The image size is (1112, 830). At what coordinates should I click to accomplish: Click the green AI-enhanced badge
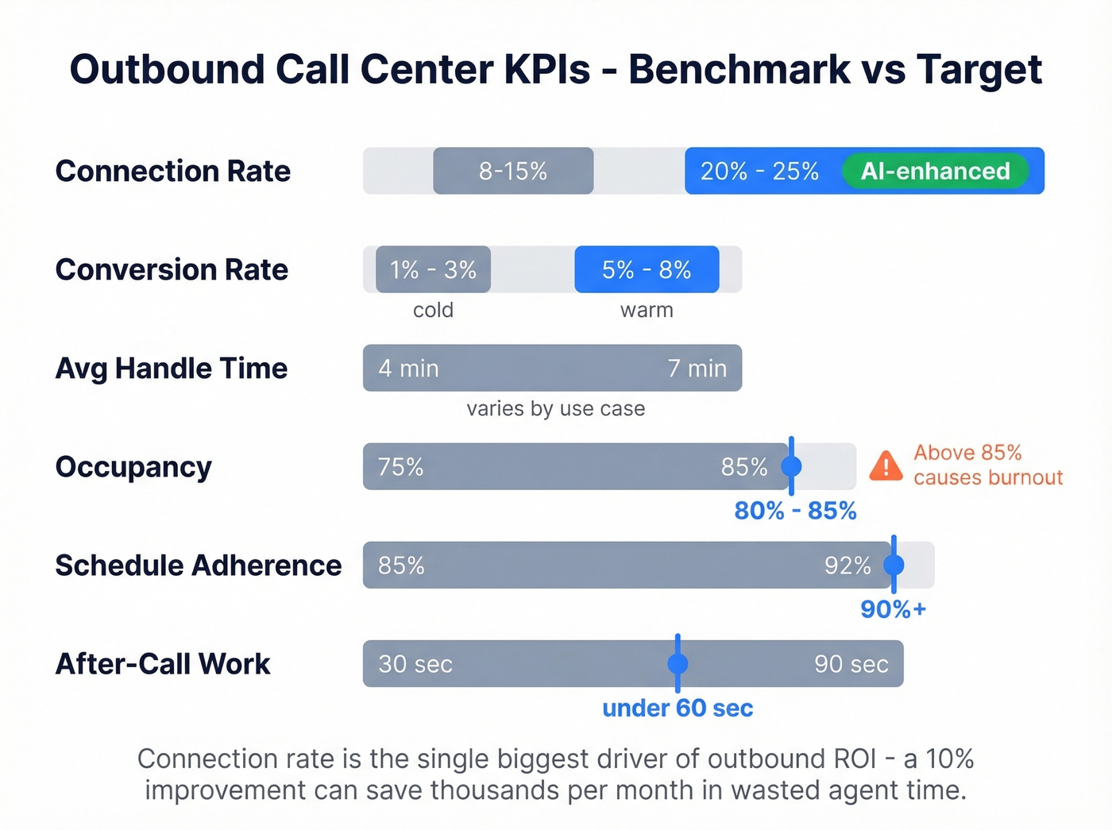coord(935,171)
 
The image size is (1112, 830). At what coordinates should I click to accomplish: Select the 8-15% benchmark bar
coord(513,171)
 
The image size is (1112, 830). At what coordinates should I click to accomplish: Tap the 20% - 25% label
coord(759,171)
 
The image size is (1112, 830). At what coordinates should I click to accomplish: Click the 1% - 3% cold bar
coord(433,269)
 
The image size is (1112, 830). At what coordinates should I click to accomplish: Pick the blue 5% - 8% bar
coord(647,269)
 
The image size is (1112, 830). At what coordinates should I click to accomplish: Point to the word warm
coord(647,310)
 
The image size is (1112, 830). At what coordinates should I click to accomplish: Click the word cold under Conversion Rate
coord(433,310)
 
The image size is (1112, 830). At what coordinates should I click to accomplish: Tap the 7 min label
coord(697,369)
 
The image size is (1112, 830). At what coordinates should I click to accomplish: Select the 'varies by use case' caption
coord(555,408)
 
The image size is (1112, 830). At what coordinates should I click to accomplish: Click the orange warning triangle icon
coord(886,466)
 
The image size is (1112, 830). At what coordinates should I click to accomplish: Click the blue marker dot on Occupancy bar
coord(791,466)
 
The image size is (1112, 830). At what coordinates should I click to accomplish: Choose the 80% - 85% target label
coord(795,511)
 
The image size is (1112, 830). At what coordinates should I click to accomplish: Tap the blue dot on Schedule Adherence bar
coord(894,565)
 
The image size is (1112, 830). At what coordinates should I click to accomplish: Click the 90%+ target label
coord(894,609)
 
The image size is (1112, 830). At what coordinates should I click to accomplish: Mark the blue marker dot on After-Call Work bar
coord(678,663)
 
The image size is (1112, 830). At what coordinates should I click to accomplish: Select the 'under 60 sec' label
coord(678,708)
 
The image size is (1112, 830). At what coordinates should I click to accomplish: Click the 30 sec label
coord(415,664)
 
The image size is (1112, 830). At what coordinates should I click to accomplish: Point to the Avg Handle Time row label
coord(172,369)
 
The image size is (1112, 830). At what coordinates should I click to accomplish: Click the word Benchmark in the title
coord(739,69)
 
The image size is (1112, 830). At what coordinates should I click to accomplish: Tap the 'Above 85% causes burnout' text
coord(987,465)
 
